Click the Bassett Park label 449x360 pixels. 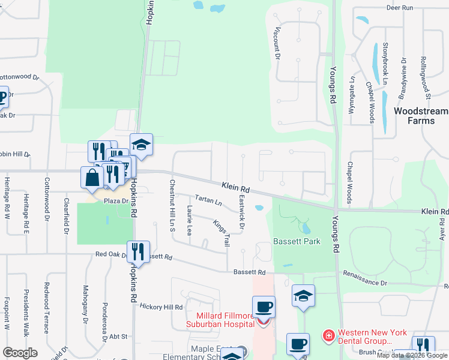pyautogui.click(x=297, y=242)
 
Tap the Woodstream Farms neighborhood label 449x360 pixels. pyautogui.click(x=420, y=116)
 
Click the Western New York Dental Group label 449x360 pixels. pyautogui.click(x=372, y=337)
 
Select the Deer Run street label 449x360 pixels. pyautogui.click(x=400, y=8)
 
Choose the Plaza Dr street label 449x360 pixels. pyautogui.click(x=115, y=201)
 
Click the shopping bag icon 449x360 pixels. pyautogui.click(x=92, y=178)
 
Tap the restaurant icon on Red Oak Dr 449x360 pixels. pyautogui.click(x=138, y=252)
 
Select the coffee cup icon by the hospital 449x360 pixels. pyautogui.click(x=264, y=307)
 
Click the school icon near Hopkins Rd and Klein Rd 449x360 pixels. pyautogui.click(x=141, y=145)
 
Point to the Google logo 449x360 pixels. pyautogui.click(x=19, y=353)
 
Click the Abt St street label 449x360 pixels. pyautogui.click(x=119, y=337)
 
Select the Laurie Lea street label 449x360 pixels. pyautogui.click(x=188, y=220)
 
